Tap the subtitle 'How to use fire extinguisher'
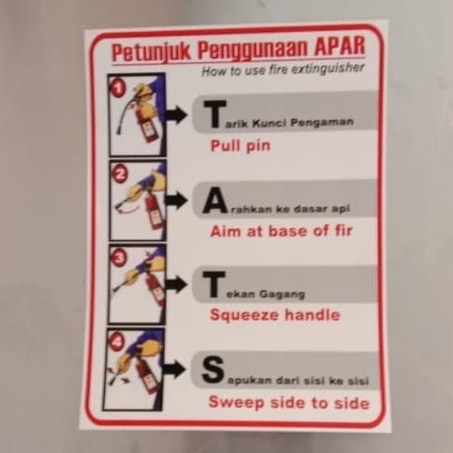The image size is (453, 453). (283, 69)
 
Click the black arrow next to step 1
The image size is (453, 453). (176, 115)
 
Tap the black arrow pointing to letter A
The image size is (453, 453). (175, 201)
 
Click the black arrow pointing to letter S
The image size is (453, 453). (174, 370)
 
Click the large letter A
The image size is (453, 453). (214, 202)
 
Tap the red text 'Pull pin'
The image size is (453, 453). (240, 146)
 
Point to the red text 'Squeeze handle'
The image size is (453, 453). (274, 315)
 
